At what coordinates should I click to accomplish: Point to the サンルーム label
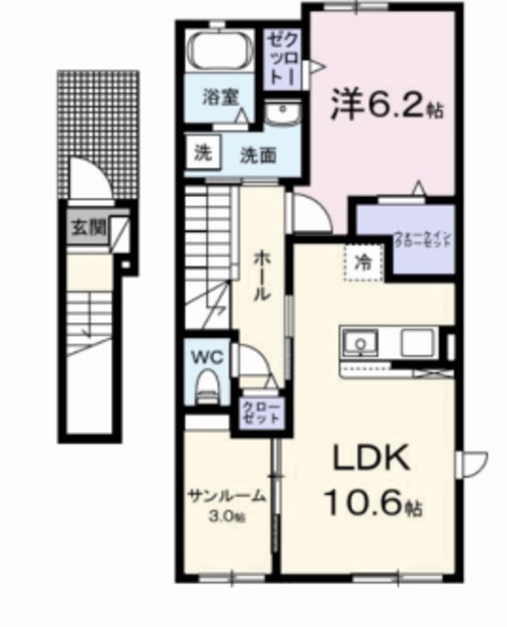[x=227, y=496]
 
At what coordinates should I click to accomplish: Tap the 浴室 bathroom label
[x=218, y=97]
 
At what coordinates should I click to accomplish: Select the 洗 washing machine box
[x=202, y=153]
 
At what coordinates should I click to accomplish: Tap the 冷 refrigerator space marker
[x=363, y=263]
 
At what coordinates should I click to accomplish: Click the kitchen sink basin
[x=361, y=343]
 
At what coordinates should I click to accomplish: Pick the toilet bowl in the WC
[x=206, y=391]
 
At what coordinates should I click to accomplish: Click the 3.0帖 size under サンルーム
[x=227, y=516]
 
